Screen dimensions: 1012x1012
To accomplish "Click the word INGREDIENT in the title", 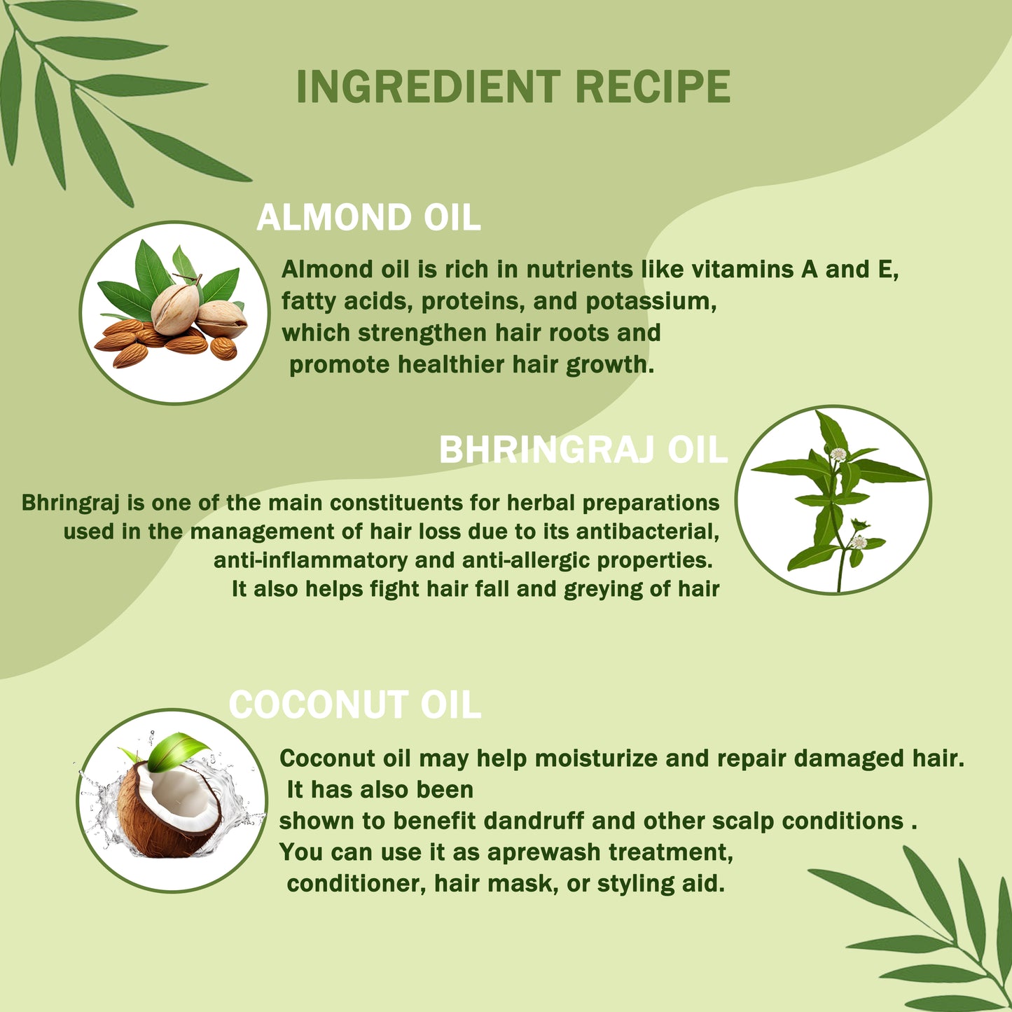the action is (428, 87).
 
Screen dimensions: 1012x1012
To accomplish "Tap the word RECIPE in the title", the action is (653, 87).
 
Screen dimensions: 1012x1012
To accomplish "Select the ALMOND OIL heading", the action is (368, 217).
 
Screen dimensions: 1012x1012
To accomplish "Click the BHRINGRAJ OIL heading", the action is (583, 450).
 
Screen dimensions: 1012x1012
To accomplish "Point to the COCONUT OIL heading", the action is (355, 705).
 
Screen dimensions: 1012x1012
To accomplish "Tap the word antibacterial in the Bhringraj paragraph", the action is (648, 532).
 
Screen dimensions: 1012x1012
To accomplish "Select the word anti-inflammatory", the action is (310, 560).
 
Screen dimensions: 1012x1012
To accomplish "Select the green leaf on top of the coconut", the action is (176, 752).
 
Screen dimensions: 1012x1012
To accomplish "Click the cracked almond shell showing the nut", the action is (175, 310).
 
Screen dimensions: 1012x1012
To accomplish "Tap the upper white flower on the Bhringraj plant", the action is (838, 454).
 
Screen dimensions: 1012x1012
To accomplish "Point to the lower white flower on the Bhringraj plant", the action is (858, 542).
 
